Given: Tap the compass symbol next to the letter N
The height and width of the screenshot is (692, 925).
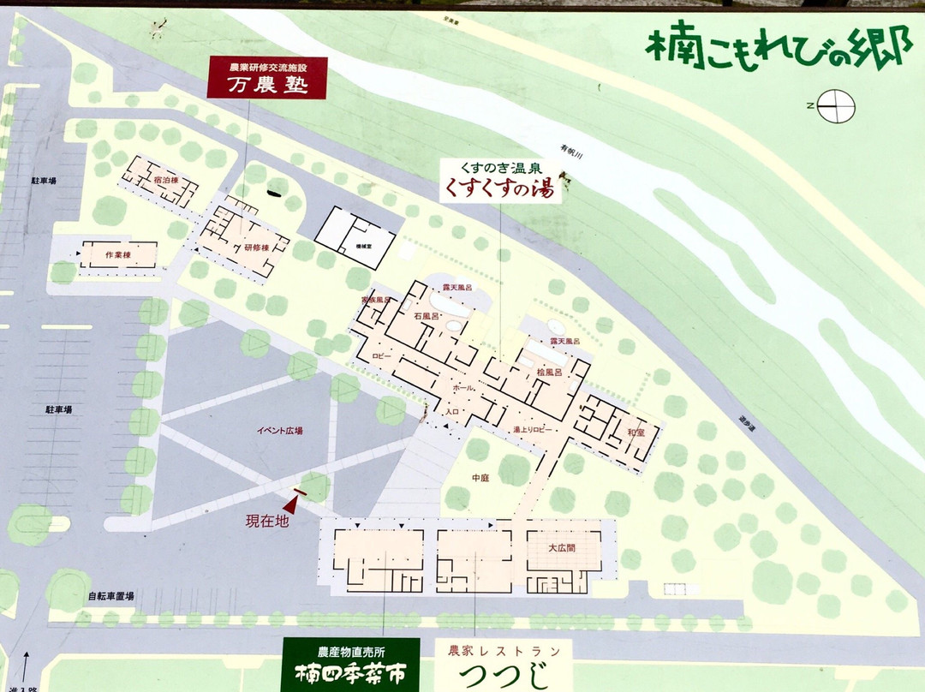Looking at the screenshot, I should [837, 106].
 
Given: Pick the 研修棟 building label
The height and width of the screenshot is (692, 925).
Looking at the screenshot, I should [256, 248].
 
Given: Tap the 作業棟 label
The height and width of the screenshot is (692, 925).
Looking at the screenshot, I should [117, 255].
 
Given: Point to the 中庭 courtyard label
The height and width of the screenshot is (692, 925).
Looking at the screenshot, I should [480, 477].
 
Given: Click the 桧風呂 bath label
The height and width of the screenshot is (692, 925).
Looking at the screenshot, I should [549, 373].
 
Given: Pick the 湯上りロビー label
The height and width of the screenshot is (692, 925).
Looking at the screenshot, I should [533, 428].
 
